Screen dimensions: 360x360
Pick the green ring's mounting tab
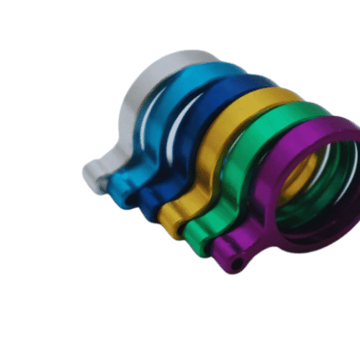coord(198,234)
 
